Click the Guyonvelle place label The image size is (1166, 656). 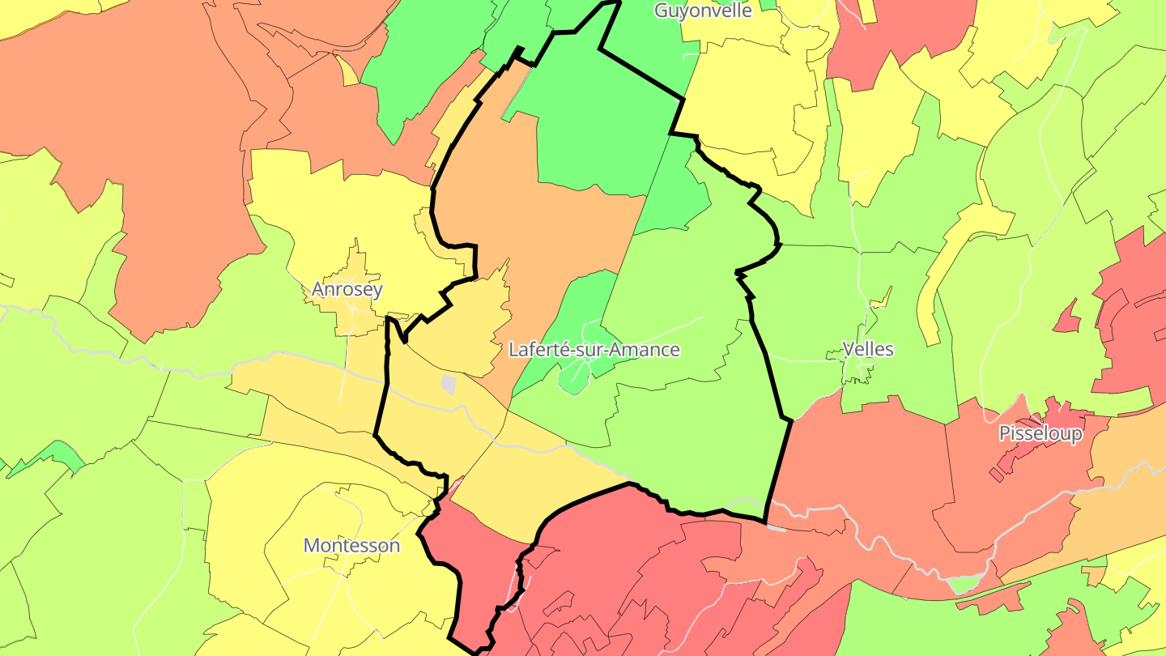[703, 11]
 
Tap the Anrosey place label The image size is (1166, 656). [347, 289]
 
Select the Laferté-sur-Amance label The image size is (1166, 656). [594, 349]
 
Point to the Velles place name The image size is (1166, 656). [868, 349]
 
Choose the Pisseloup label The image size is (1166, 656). [1040, 433]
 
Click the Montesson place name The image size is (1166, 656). [351, 545]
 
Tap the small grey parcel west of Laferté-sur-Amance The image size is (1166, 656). [448, 384]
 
